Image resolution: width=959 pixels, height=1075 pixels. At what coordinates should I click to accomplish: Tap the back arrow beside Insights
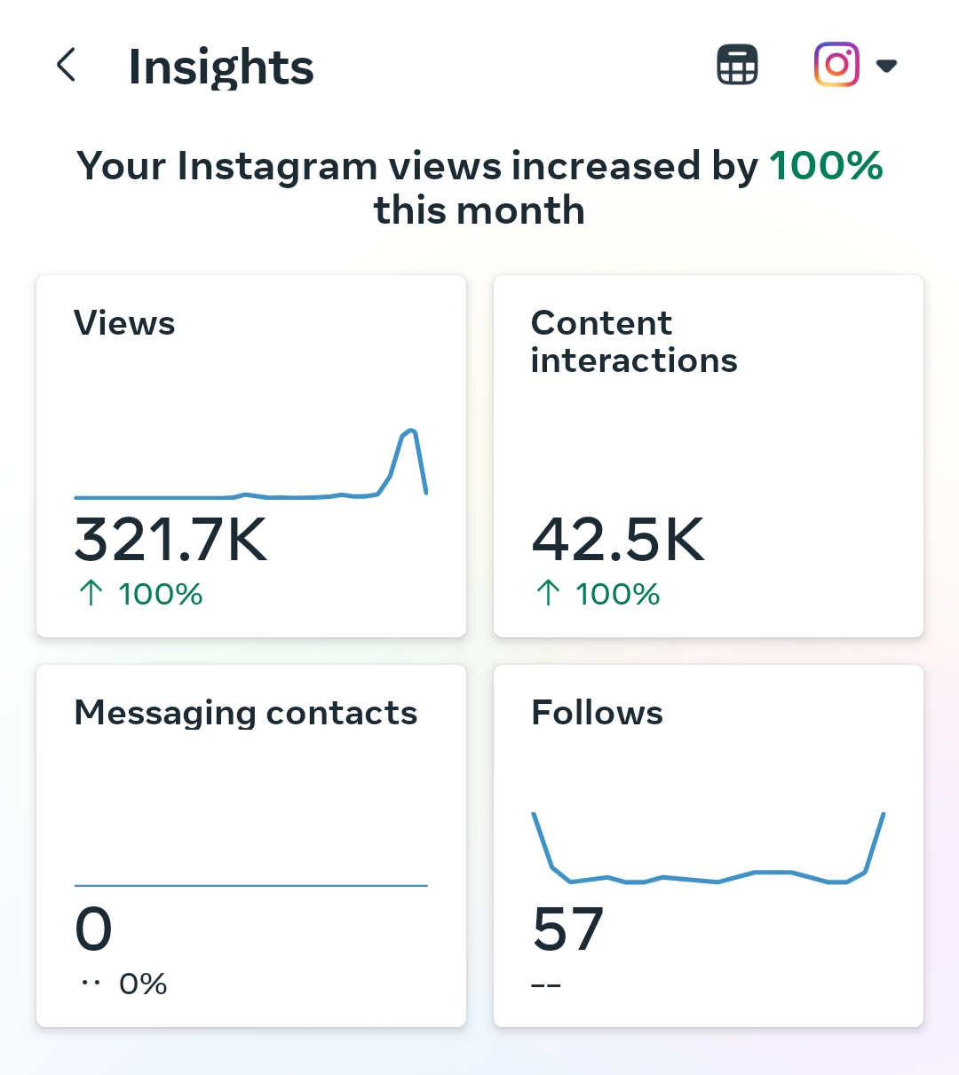[66, 66]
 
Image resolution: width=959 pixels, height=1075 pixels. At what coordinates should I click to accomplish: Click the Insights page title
[221, 67]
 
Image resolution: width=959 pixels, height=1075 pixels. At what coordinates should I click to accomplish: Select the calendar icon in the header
[737, 65]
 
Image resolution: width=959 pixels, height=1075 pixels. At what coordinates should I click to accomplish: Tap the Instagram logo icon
[836, 65]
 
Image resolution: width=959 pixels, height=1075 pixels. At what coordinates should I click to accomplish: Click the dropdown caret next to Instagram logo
[886, 66]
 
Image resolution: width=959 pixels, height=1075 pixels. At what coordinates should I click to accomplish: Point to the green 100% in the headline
[826, 166]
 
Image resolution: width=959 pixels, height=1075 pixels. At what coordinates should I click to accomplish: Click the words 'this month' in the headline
[479, 211]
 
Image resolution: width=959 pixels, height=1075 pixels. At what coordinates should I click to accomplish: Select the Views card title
[124, 323]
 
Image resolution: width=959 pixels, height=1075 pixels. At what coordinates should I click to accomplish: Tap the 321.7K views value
[170, 540]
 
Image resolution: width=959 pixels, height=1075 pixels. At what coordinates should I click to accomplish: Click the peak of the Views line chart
[410, 431]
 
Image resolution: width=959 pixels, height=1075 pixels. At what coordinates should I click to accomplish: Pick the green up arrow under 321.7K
[91, 593]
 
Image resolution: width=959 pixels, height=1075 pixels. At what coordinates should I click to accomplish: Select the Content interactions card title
[633, 342]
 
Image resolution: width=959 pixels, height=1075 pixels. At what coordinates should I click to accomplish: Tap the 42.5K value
[618, 540]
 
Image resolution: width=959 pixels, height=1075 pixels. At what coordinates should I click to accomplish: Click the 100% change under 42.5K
[617, 594]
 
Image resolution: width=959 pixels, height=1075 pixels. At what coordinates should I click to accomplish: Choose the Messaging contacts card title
[246, 713]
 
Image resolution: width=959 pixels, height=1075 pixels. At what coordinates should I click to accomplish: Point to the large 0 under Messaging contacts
[93, 929]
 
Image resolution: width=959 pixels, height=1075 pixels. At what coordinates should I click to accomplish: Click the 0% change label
[143, 984]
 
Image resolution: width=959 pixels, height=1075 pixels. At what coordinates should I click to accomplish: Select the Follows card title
[597, 713]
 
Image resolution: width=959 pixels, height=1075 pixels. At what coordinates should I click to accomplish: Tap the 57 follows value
[568, 929]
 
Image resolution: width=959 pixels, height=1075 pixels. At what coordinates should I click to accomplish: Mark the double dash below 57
[546, 986]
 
